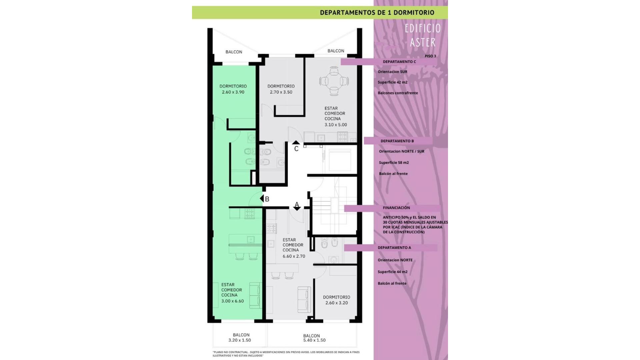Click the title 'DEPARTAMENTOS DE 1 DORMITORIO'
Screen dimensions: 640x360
click(377, 13)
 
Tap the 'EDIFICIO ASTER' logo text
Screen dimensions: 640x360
click(423, 35)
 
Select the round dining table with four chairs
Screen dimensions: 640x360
click(334, 81)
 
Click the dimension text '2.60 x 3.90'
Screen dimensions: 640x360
click(233, 92)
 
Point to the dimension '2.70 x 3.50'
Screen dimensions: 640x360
click(281, 92)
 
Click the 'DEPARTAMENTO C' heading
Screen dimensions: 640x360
click(399, 62)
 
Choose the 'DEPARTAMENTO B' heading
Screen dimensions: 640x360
click(397, 141)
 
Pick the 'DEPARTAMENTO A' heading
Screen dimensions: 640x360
click(394, 248)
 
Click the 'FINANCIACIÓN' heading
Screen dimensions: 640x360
click(396, 208)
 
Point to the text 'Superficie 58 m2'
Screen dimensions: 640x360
click(394, 163)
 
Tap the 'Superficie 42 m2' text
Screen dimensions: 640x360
click(393, 82)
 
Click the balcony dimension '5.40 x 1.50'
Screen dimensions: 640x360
click(314, 340)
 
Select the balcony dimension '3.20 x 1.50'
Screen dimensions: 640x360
click(240, 340)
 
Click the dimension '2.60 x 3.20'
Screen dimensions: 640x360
click(337, 303)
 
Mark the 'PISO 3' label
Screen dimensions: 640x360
click(430, 56)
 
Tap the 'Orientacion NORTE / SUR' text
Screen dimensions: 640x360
click(402, 151)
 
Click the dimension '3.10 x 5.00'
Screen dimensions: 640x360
click(336, 125)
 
